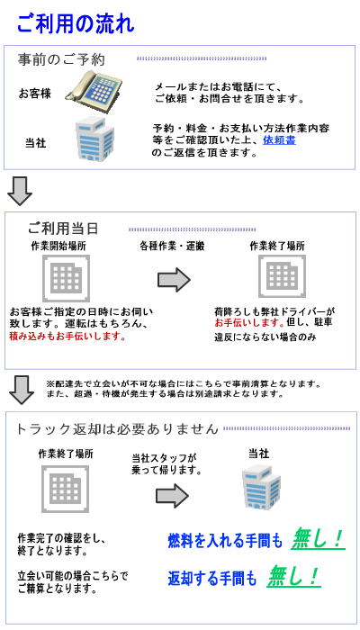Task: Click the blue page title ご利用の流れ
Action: (76, 23)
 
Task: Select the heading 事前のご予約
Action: (61, 59)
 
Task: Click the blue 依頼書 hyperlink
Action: (280, 140)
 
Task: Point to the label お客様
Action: (35, 94)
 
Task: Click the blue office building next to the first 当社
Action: (94, 139)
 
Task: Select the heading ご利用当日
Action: (63, 229)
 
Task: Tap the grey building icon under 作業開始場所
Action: (66, 278)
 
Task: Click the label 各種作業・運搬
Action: (172, 246)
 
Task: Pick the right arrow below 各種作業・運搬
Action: (174, 280)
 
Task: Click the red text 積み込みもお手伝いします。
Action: (67, 337)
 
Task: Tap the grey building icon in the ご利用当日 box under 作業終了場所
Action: (282, 277)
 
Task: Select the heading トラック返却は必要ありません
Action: (117, 428)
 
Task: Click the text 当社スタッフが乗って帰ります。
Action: (166, 463)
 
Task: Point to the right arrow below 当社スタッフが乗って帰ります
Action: (173, 495)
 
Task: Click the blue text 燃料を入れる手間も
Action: (225, 541)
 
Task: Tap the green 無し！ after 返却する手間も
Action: (293, 577)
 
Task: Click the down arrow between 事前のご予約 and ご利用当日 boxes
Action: (20, 191)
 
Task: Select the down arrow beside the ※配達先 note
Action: (22, 390)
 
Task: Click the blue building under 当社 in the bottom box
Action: (261, 485)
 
